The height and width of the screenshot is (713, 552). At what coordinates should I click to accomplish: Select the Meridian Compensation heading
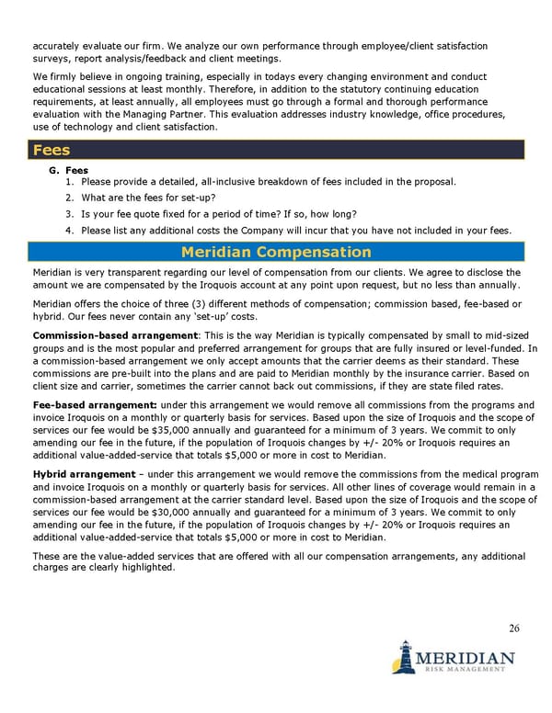(x=276, y=252)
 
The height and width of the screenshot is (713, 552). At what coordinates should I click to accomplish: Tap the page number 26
(x=513, y=628)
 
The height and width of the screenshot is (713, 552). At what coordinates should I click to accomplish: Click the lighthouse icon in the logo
(x=402, y=657)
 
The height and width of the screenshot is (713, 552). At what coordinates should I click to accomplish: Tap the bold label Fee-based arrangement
(x=95, y=405)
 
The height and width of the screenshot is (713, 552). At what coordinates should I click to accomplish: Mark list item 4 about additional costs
(x=294, y=230)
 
